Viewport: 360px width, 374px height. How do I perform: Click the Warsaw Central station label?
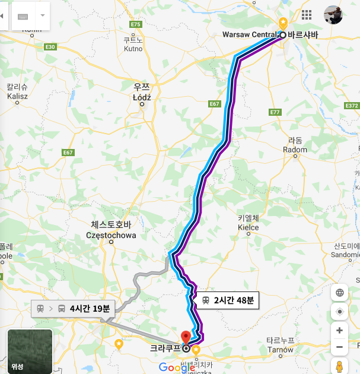pyautogui.click(x=250, y=35)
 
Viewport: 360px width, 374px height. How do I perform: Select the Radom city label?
pyautogui.click(x=295, y=150)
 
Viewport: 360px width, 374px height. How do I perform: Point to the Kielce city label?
pyautogui.click(x=248, y=227)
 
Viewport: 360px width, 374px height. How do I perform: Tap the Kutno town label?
pyautogui.click(x=133, y=49)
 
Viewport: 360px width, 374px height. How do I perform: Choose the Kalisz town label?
pyautogui.click(x=17, y=96)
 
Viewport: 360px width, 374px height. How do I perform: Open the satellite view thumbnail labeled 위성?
pyautogui.click(x=30, y=351)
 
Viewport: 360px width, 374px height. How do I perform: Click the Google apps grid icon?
pyautogui.click(x=307, y=15)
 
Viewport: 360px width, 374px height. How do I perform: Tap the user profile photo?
pyautogui.click(x=333, y=15)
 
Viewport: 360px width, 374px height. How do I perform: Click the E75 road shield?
pyautogui.click(x=136, y=24)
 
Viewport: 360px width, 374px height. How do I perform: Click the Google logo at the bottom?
pyautogui.click(x=177, y=367)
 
